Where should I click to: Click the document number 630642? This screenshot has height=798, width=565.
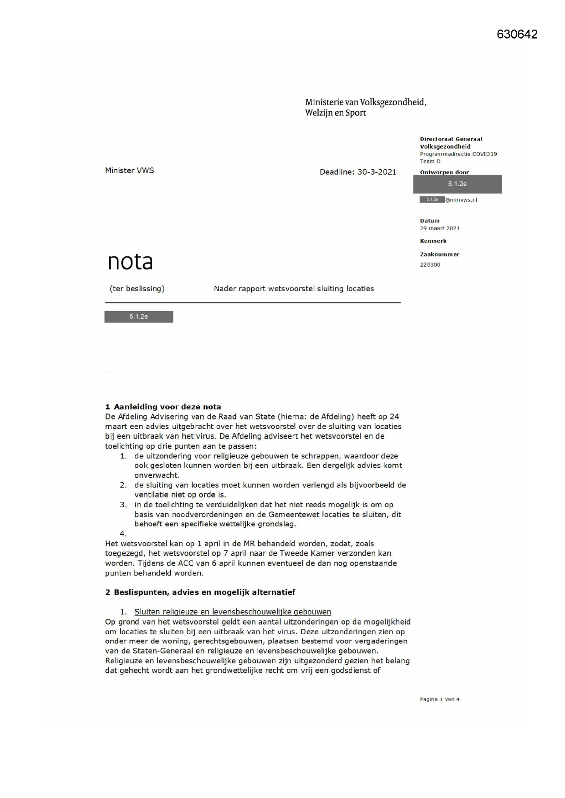pyautogui.click(x=517, y=35)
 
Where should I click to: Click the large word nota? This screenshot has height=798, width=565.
pyautogui.click(x=130, y=262)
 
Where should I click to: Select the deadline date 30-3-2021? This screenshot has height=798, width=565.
pyautogui.click(x=377, y=172)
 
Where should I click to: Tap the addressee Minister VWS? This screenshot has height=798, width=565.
pyautogui.click(x=129, y=171)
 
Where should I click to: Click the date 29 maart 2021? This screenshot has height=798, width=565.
pyautogui.click(x=439, y=228)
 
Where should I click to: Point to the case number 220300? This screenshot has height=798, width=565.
pyautogui.click(x=430, y=265)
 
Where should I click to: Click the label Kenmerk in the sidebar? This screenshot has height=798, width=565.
pyautogui.click(x=433, y=241)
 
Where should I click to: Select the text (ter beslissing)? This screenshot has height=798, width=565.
pyautogui.click(x=137, y=288)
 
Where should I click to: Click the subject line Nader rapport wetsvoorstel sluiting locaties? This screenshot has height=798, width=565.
pyautogui.click(x=294, y=288)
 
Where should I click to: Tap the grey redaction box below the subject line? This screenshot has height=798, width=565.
pyautogui.click(x=138, y=317)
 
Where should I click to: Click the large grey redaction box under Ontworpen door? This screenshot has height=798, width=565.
pyautogui.click(x=457, y=184)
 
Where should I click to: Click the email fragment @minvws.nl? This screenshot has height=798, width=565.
pyautogui.click(x=461, y=200)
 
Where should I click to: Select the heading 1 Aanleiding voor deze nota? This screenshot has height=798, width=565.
pyautogui.click(x=163, y=407)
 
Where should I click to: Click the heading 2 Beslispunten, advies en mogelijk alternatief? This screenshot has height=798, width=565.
pyautogui.click(x=200, y=592)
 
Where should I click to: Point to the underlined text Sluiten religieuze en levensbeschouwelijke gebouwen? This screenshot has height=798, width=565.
pyautogui.click(x=233, y=612)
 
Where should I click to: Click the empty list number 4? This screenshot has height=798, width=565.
pyautogui.click(x=123, y=534)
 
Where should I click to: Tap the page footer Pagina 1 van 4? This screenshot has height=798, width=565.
pyautogui.click(x=439, y=700)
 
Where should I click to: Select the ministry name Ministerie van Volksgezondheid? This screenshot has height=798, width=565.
pyautogui.click(x=366, y=102)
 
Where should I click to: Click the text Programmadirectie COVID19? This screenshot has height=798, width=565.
pyautogui.click(x=458, y=154)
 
